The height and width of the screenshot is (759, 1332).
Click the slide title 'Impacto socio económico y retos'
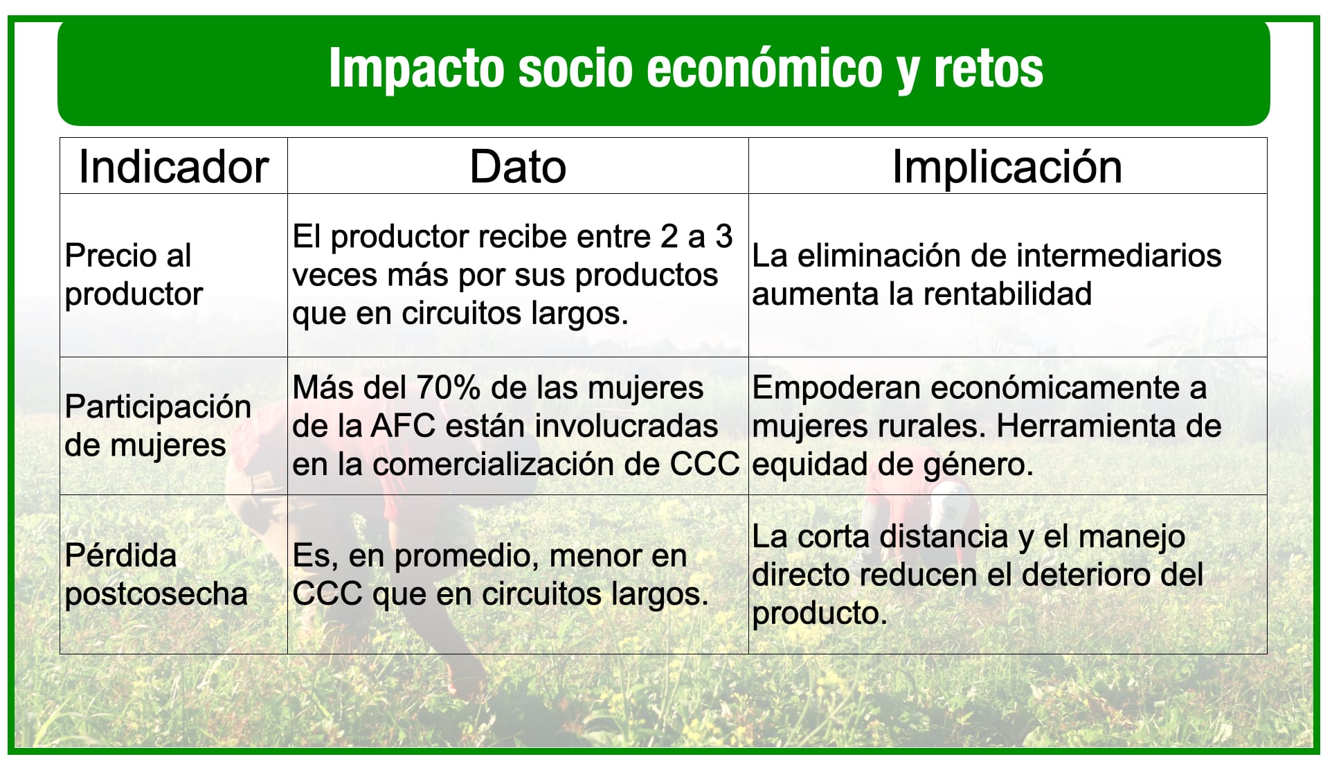point(686,69)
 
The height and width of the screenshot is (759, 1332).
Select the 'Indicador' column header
point(173,167)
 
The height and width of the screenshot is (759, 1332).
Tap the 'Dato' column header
point(518,167)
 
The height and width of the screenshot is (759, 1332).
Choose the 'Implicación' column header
point(1007,167)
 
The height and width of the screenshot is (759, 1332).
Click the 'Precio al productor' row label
point(134,275)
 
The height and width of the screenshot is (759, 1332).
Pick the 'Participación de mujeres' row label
point(158,426)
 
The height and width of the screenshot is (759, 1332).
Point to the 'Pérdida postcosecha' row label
point(156,575)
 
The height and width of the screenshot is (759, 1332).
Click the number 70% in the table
point(448,388)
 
